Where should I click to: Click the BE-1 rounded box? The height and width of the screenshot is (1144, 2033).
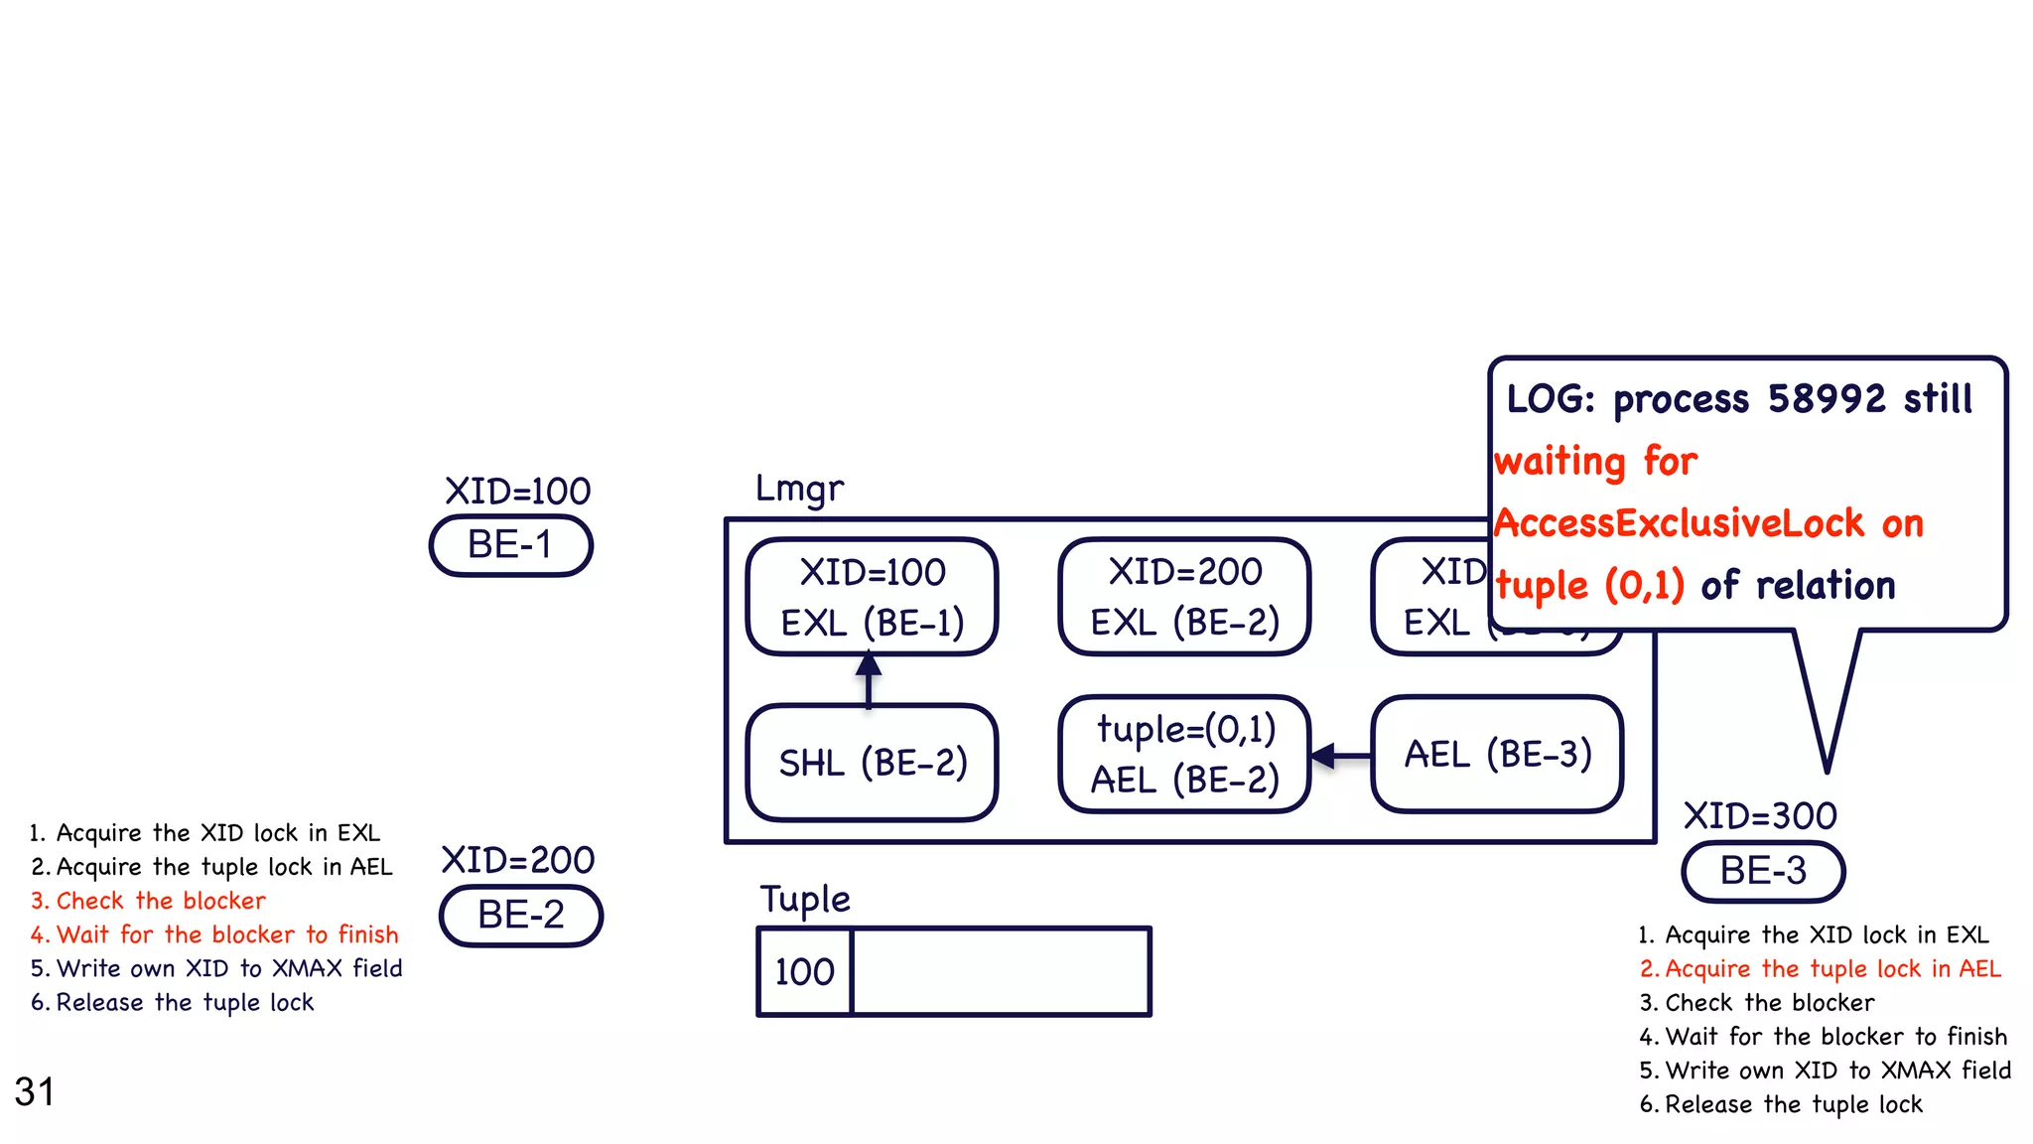tap(510, 545)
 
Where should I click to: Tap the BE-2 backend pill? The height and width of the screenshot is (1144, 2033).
tap(521, 915)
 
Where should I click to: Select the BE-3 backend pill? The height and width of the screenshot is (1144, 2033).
tap(1763, 871)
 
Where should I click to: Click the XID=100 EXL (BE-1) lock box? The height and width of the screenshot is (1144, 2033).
tap(872, 597)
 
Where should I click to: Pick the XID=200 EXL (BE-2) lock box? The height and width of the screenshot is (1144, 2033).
tap(1184, 597)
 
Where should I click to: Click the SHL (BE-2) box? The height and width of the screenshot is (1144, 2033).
tap(872, 763)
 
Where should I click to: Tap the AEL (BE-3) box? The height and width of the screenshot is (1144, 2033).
tap(1497, 755)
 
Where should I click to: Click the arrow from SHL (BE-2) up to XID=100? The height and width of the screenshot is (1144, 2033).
tap(869, 680)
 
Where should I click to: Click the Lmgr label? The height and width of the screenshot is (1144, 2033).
tap(799, 489)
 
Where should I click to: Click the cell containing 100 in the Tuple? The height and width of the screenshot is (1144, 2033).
tap(804, 971)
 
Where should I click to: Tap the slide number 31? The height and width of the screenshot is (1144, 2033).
tap(35, 1091)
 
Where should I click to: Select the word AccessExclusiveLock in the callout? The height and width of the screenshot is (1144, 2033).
tap(1679, 523)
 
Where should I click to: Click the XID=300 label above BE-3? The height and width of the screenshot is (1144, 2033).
tap(1760, 816)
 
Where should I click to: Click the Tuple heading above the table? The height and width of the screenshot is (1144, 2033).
tap(805, 899)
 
